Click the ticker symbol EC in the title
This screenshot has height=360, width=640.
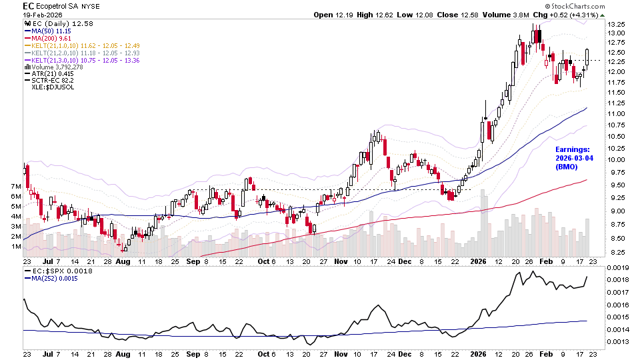point(29,5)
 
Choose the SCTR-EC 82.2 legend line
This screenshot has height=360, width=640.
point(56,81)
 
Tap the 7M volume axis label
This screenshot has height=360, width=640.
point(15,185)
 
